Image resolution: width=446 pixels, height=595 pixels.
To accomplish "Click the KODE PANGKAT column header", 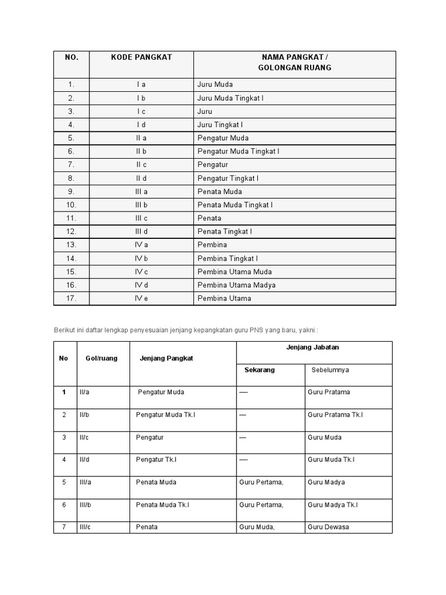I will click(142, 58).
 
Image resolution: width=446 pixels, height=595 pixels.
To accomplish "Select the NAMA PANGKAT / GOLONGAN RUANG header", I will click(294, 63).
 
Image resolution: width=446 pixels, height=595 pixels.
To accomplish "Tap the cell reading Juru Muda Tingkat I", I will click(231, 98).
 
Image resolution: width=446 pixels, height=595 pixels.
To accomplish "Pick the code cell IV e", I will click(142, 299).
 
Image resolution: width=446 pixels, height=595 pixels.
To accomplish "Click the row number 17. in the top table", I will click(71, 299).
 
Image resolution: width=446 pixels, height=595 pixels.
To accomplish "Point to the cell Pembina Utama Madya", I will click(236, 285).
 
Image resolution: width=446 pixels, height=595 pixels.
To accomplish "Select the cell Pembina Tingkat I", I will click(228, 259).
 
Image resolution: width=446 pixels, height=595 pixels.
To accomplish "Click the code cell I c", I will click(142, 112).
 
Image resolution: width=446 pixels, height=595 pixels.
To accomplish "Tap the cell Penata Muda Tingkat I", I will click(235, 205).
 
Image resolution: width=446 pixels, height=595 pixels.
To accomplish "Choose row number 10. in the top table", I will click(71, 205).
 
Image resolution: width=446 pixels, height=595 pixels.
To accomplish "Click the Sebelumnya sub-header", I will click(330, 370).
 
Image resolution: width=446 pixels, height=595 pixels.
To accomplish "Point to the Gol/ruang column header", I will click(102, 359).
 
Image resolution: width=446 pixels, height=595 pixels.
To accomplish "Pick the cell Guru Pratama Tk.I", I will click(335, 415).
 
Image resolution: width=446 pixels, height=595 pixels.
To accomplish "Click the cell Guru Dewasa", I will click(329, 528).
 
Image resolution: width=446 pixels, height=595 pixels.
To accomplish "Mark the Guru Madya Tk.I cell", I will click(333, 505).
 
